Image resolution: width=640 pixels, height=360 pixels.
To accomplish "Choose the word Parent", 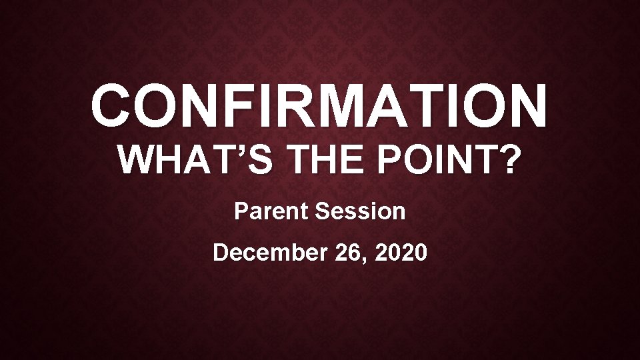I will pos(272,211).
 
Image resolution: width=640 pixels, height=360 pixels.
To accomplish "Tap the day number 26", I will pos(352,253).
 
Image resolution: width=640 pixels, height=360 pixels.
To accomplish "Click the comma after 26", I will pos(369,261).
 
